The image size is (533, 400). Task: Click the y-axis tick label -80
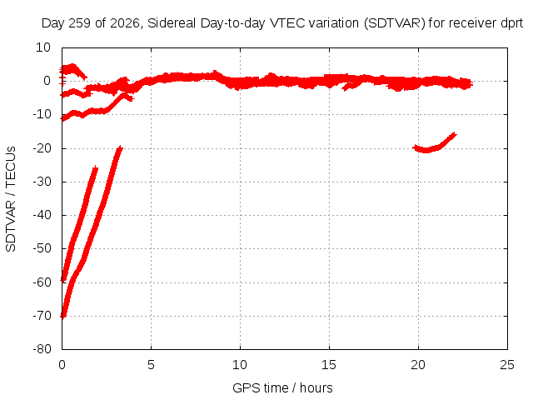coord(42,349)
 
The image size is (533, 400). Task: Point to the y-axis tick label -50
coord(42,248)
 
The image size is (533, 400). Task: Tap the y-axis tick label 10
coord(43,47)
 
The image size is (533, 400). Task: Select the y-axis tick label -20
coord(42,148)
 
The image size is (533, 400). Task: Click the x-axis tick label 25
coord(507,365)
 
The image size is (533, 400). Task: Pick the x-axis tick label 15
coord(329,365)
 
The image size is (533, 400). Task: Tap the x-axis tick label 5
coord(151,365)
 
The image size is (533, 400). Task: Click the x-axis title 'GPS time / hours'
coord(282,387)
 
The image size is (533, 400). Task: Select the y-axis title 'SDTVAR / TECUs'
coord(11,199)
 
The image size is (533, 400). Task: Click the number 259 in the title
coord(80,23)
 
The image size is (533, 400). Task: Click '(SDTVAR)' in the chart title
coord(394,23)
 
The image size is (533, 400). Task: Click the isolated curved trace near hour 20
coord(432,147)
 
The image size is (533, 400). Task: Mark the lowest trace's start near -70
coord(62,317)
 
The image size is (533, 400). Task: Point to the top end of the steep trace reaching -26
coord(96,167)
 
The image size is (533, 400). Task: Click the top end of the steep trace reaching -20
coord(120,147)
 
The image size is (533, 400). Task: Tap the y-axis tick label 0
coord(47,81)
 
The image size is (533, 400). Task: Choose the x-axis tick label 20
coord(418,365)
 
